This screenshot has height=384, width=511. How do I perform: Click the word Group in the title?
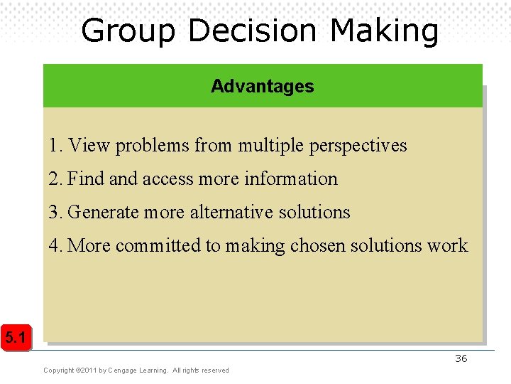(x=128, y=31)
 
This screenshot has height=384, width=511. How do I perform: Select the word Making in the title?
(x=384, y=31)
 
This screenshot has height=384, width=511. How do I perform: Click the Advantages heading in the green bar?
(x=262, y=87)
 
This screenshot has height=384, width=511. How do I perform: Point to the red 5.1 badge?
(x=16, y=338)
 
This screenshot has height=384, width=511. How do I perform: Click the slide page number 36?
(x=461, y=358)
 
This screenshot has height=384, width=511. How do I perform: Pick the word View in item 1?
(x=90, y=146)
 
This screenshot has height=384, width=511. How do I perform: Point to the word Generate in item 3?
(x=104, y=212)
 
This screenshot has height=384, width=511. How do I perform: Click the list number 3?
(x=55, y=212)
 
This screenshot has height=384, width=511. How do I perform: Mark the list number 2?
(x=55, y=178)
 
